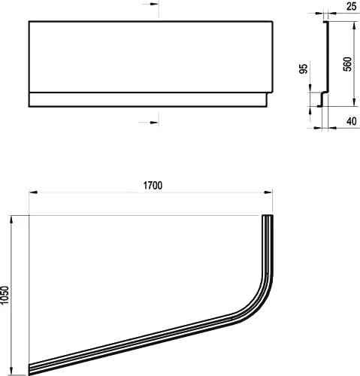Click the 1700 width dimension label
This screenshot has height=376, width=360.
[x=150, y=184]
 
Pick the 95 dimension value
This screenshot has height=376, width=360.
[x=304, y=70]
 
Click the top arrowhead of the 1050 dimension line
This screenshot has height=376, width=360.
[x=11, y=218]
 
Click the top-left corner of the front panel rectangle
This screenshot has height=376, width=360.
[x=29, y=21]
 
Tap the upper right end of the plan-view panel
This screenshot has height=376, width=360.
[x=266, y=217]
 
